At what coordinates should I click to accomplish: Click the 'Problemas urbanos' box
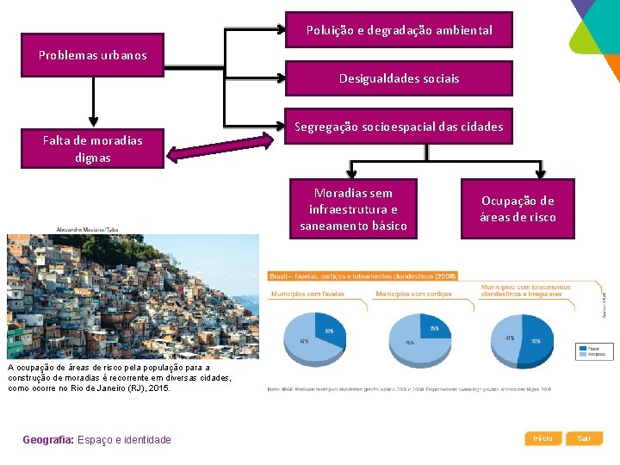92,56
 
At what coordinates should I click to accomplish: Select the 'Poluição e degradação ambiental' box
400,30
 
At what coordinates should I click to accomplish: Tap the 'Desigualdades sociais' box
400,78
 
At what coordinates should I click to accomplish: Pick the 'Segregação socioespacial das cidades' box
400,127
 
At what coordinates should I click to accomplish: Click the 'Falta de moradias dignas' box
92,147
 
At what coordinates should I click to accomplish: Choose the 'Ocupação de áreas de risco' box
518,208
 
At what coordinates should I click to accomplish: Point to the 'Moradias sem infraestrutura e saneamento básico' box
353,209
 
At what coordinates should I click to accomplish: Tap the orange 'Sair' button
585,438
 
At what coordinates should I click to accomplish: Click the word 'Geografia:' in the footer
49,440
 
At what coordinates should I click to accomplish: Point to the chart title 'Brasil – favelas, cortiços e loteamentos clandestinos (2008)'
363,276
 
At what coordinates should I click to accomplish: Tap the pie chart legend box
594,351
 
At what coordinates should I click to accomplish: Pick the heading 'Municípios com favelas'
307,294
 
